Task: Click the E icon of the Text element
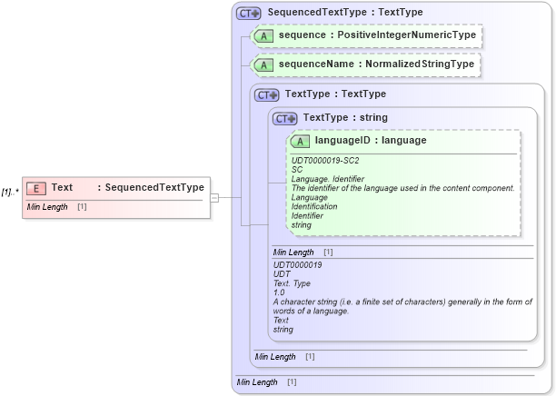(36, 188)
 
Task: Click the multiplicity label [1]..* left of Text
(10, 192)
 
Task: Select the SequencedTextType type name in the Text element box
(154, 188)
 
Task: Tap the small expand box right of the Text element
(215, 196)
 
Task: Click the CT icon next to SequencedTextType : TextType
(248, 14)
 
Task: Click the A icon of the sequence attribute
(263, 36)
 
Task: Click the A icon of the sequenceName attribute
(263, 65)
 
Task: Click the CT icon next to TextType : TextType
(267, 94)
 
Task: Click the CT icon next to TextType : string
(285, 118)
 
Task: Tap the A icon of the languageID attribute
(300, 142)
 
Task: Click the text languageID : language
(371, 141)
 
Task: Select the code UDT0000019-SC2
(325, 161)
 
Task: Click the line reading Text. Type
(293, 283)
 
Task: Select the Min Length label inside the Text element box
(47, 207)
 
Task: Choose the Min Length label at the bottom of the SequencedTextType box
(257, 382)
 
